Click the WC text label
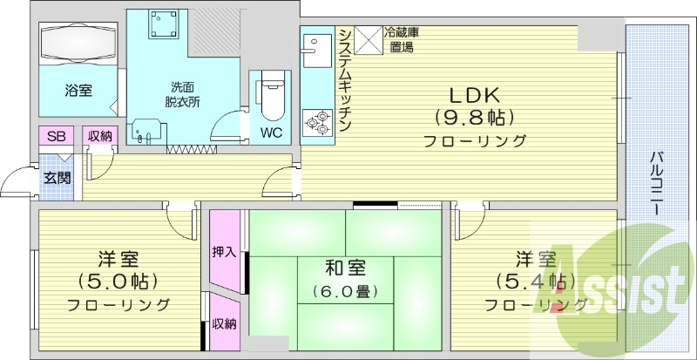270,134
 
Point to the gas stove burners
315,122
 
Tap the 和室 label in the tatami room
347,266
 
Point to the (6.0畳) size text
347,292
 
